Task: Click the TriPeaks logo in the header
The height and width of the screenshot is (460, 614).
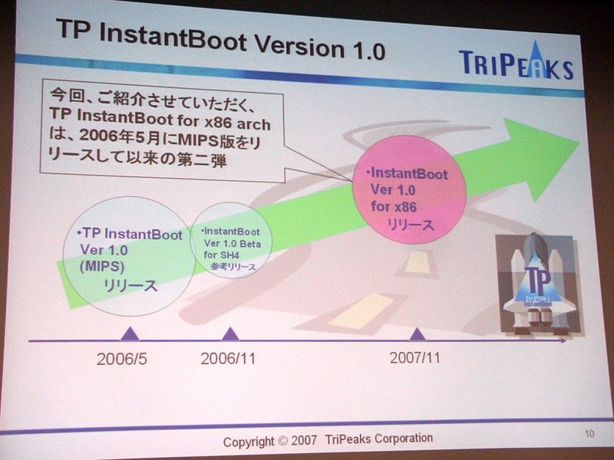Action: [516, 62]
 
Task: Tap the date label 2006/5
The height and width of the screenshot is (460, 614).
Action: [122, 359]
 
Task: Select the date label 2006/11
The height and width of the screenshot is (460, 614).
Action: [228, 358]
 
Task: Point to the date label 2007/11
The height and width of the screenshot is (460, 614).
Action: [414, 357]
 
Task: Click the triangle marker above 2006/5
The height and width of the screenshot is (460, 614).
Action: [130, 334]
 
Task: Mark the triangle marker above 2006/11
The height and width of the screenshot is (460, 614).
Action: [230, 334]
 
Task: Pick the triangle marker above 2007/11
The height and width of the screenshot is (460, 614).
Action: [417, 334]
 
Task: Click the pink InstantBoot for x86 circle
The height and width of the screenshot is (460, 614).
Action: [409, 189]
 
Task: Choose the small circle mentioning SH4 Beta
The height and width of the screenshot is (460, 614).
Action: [231, 240]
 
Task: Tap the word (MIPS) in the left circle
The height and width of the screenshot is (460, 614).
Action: [102, 267]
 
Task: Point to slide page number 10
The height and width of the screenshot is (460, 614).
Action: [589, 433]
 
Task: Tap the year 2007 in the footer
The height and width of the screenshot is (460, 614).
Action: [304, 440]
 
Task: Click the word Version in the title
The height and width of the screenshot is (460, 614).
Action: [299, 46]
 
